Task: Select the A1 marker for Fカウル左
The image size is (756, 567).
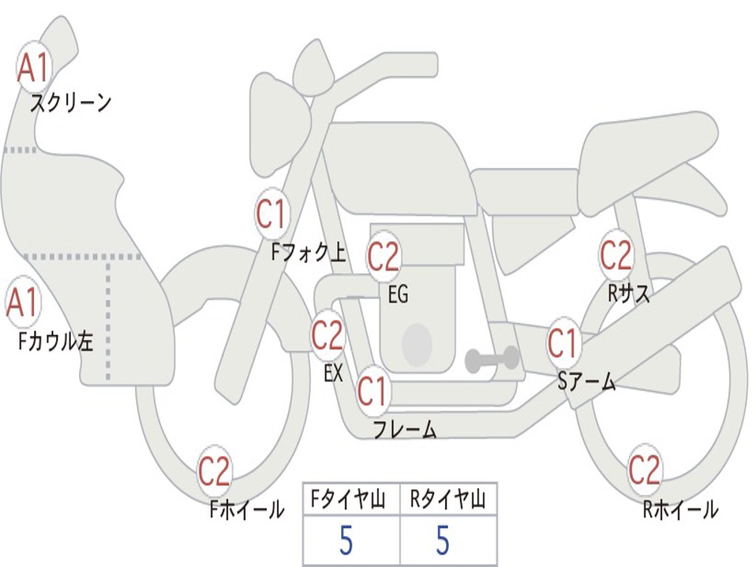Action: point(22,303)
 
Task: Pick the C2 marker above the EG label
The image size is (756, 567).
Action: point(383,257)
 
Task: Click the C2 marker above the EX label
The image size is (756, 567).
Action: point(327,336)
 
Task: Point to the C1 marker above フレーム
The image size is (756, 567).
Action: point(372,391)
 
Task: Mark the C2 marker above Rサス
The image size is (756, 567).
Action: point(616,255)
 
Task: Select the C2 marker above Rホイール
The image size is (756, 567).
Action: point(644,470)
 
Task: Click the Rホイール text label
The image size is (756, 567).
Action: point(680,509)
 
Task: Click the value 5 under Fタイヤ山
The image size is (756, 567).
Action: point(346,541)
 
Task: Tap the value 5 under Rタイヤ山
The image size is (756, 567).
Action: point(442,541)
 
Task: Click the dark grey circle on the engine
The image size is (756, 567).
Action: point(416,345)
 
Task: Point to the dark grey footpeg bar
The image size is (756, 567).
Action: point(492,360)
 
